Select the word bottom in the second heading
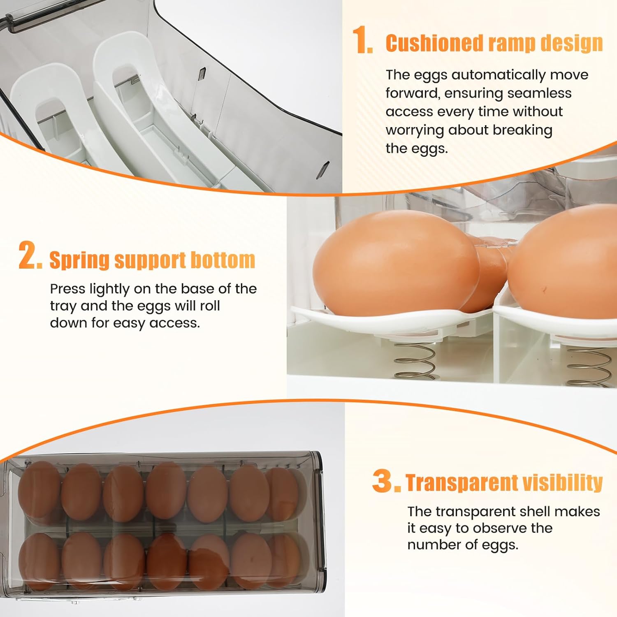pyautogui.click(x=223, y=260)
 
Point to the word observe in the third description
pyautogui.click(x=491, y=528)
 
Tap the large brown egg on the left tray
pyautogui.click(x=395, y=263)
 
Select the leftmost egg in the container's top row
pyautogui.click(x=39, y=489)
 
